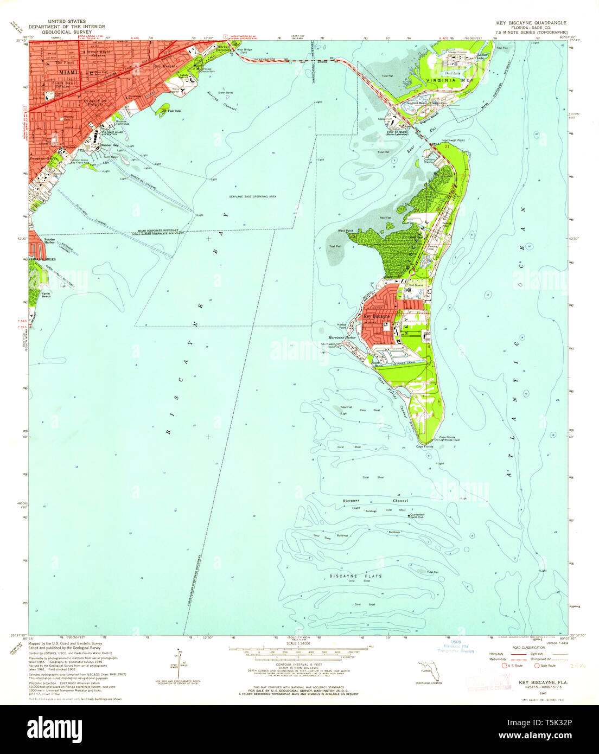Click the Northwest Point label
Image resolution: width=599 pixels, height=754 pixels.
[453, 140]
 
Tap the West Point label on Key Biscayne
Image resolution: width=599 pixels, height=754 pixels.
[345, 231]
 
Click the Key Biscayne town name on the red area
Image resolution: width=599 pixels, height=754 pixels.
[376, 316]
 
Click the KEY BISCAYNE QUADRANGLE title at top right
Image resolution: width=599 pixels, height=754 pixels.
[531, 23]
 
